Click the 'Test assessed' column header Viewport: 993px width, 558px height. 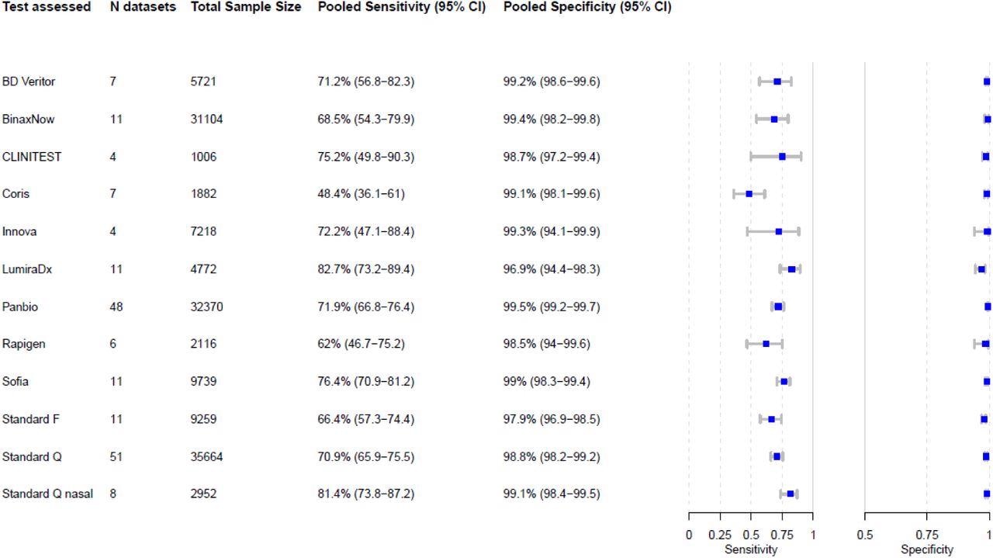tap(47, 7)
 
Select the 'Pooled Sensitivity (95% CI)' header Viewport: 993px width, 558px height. tap(402, 7)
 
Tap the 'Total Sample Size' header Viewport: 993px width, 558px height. tap(246, 7)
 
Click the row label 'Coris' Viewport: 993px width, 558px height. tap(16, 194)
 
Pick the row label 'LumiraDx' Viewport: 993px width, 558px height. tap(27, 269)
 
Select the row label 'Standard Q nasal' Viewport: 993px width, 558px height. tap(47, 494)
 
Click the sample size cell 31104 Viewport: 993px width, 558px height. tap(207, 120)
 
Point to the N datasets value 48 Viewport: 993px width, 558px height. tap(116, 307)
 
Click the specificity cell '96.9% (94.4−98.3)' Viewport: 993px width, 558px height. tap(552, 269)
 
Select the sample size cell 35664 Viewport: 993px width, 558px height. tap(207, 456)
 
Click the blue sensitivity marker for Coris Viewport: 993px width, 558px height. tap(749, 194)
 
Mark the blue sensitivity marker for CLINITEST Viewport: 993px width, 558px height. tap(782, 157)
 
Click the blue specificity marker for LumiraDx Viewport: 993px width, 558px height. tap(981, 269)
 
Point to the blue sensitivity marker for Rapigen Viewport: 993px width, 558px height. tap(766, 344)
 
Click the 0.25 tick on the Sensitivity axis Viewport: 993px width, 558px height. tap(720, 534)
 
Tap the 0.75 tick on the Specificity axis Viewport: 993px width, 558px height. tap(926, 534)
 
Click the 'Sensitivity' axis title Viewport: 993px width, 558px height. tap(750, 549)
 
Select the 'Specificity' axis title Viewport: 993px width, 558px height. tap(926, 549)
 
